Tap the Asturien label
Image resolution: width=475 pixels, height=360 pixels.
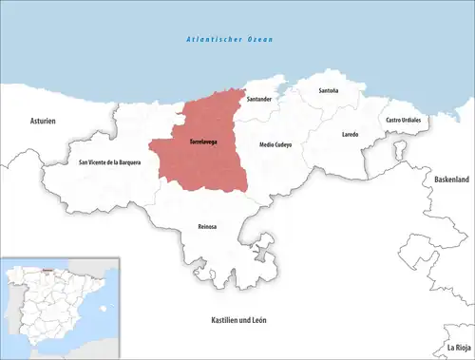(x=43, y=122)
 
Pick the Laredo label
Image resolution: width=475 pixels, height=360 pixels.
(x=350, y=135)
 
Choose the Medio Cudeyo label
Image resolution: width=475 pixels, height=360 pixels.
(x=276, y=144)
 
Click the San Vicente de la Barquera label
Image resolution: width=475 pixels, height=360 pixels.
(x=110, y=161)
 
